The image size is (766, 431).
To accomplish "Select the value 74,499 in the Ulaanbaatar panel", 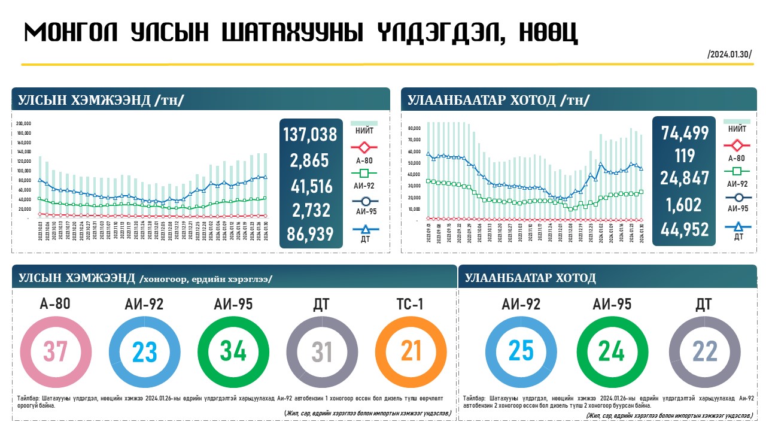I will click(x=685, y=133).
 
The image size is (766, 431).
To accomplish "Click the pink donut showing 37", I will click(x=56, y=351).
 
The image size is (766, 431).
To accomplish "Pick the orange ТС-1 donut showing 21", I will click(x=411, y=351).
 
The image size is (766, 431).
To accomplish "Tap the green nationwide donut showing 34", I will click(x=233, y=351).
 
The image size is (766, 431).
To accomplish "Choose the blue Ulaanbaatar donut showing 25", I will click(x=521, y=351).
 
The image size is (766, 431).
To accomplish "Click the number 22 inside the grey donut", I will click(x=704, y=352).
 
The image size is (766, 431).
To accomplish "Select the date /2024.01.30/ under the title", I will click(x=729, y=54).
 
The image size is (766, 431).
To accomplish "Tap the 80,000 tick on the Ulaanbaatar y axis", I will click(x=413, y=128).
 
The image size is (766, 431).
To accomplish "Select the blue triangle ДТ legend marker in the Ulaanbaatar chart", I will click(x=737, y=227).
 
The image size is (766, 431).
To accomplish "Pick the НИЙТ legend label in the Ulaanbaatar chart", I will click(x=737, y=128).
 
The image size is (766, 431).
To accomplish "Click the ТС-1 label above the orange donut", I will click(x=411, y=304).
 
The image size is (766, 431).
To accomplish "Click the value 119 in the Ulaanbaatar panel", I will click(x=684, y=156).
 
